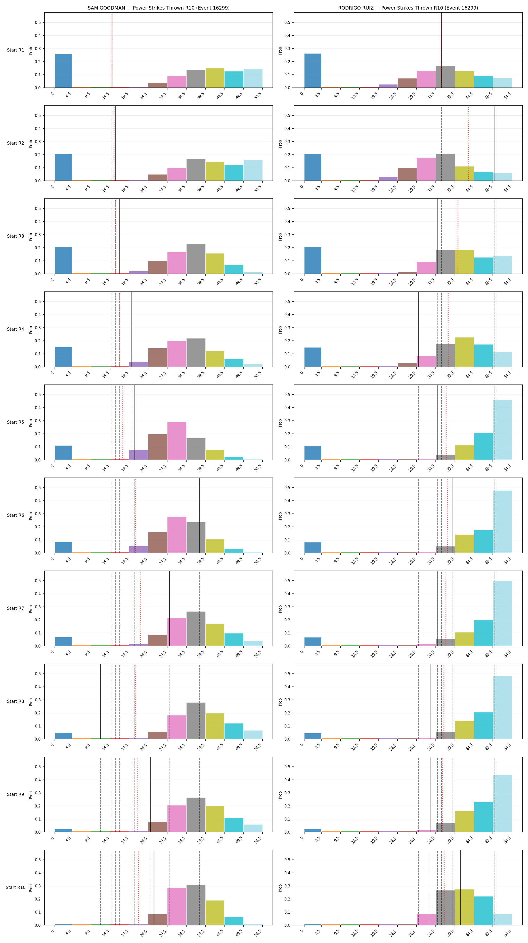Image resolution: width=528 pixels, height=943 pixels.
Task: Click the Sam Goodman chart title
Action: pos(158,8)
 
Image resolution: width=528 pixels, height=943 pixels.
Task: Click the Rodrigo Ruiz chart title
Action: pos(408,8)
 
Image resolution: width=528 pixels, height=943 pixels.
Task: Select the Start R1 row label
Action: pos(15,50)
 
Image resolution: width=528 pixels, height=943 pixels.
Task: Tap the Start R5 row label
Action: pos(15,422)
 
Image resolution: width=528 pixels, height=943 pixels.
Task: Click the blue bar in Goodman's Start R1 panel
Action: pos(63,71)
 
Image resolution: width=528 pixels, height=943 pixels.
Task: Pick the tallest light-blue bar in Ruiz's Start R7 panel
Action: pos(502,613)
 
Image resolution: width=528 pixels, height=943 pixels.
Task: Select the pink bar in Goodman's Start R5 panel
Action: pos(177,441)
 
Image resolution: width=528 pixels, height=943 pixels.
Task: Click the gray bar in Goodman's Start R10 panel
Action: pos(196,905)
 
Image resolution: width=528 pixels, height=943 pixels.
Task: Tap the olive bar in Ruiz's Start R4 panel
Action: pos(464,352)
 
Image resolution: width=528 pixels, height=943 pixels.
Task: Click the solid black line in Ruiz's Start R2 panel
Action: pos(495,143)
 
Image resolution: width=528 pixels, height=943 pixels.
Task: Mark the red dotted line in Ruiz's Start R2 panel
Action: pos(468,143)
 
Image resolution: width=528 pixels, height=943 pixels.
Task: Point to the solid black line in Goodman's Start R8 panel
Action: pos(101,701)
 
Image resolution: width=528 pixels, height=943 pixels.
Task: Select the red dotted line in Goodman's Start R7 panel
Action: pos(140,608)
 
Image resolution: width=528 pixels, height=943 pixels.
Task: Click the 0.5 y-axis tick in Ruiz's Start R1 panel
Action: pos(287,22)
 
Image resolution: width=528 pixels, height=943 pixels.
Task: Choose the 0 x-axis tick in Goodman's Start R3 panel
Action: pos(52,279)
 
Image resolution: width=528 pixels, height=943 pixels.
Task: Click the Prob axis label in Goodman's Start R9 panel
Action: pos(31,794)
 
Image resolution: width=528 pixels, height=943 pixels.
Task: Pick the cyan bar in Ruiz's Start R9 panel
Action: pos(483,817)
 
